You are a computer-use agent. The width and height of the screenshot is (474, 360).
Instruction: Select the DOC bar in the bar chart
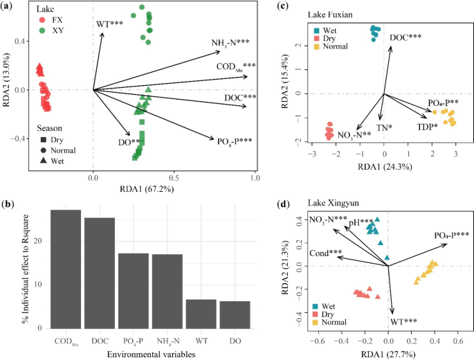[100, 273]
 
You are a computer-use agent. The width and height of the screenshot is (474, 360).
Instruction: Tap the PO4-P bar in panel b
[134, 290]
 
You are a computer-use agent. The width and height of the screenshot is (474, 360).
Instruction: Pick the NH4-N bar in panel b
[167, 291]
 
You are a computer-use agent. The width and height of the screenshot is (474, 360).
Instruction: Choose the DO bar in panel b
[235, 314]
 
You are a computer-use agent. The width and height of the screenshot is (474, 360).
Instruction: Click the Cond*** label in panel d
[325, 253]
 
